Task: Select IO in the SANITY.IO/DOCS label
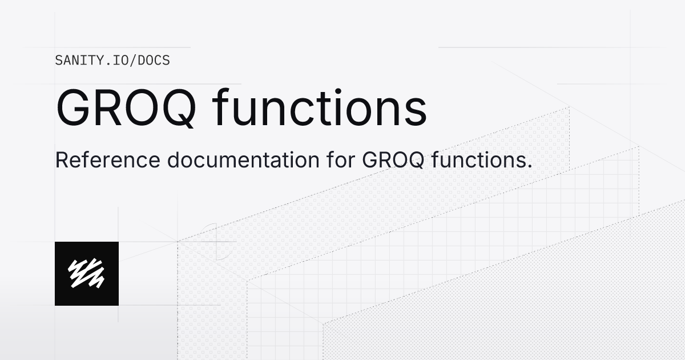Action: point(123,60)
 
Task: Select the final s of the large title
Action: point(416,112)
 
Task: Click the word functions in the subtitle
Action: point(476,161)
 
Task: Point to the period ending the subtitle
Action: point(529,167)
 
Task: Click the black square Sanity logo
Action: point(87,274)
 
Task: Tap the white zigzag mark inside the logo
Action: point(87,274)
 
